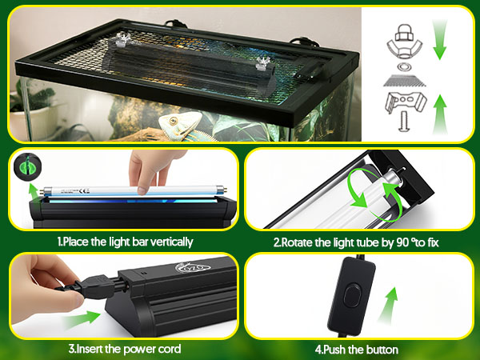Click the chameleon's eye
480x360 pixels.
tap(174, 120)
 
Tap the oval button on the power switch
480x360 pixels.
tap(352, 295)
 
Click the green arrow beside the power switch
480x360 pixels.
tap(388, 305)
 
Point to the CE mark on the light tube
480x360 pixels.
tap(84, 191)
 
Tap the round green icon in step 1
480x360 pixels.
tap(27, 167)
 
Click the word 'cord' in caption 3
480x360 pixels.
tap(170, 349)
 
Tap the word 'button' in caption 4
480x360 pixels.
tap(382, 350)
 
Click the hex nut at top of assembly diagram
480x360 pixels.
tap(404, 32)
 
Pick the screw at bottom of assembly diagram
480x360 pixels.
tap(404, 122)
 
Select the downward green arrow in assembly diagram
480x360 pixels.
tap(440, 39)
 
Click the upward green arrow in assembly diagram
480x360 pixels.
tap(440, 114)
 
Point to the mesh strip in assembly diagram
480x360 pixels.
tap(404, 81)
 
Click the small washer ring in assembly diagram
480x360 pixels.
tap(404, 66)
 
